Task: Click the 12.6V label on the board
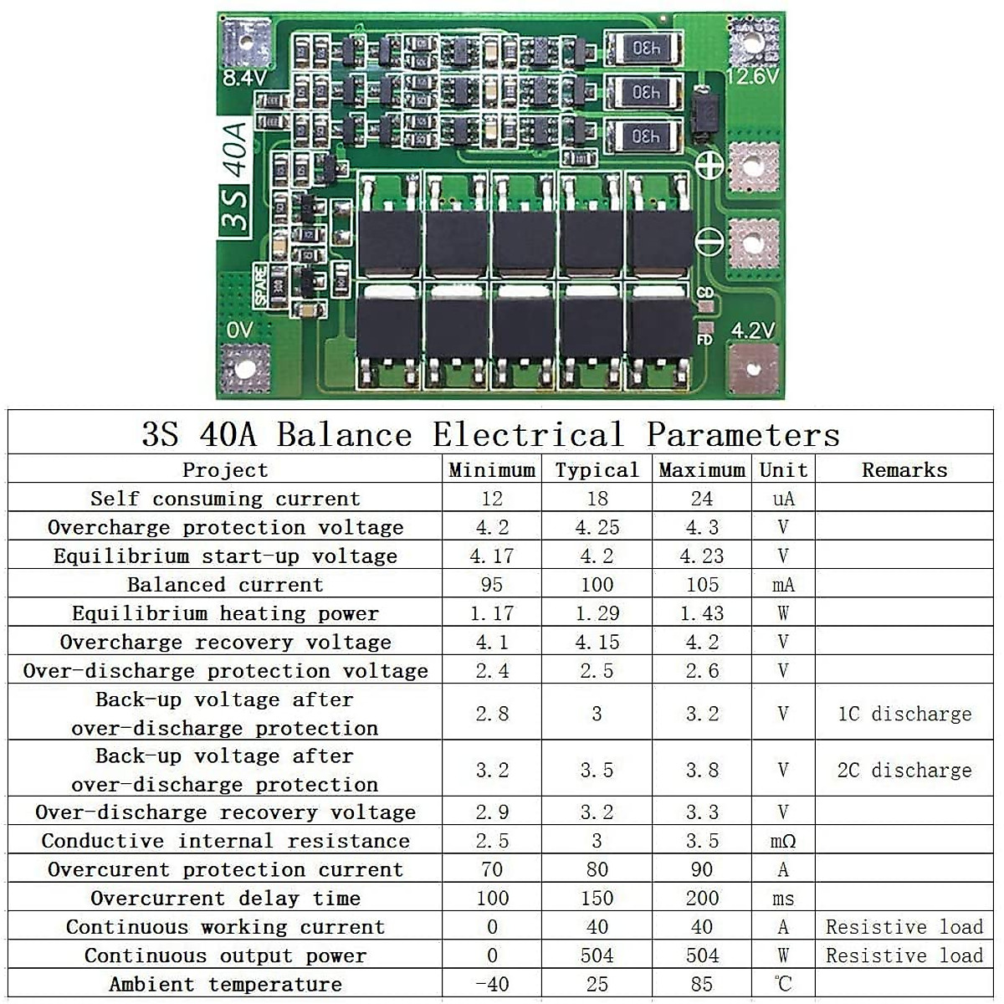753,76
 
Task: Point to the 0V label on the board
239,330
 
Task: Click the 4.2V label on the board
753,330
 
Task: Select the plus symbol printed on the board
710,165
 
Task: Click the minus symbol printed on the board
710,242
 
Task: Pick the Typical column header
597,470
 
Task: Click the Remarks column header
904,470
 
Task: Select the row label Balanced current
224,585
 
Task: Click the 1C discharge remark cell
904,714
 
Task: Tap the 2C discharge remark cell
904,770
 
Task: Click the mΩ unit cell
783,841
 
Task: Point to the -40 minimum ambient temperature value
491,984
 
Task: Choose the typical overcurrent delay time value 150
597,899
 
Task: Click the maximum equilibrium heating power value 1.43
702,613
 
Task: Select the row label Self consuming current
224,499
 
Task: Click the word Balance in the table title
345,434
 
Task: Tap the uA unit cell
783,499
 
